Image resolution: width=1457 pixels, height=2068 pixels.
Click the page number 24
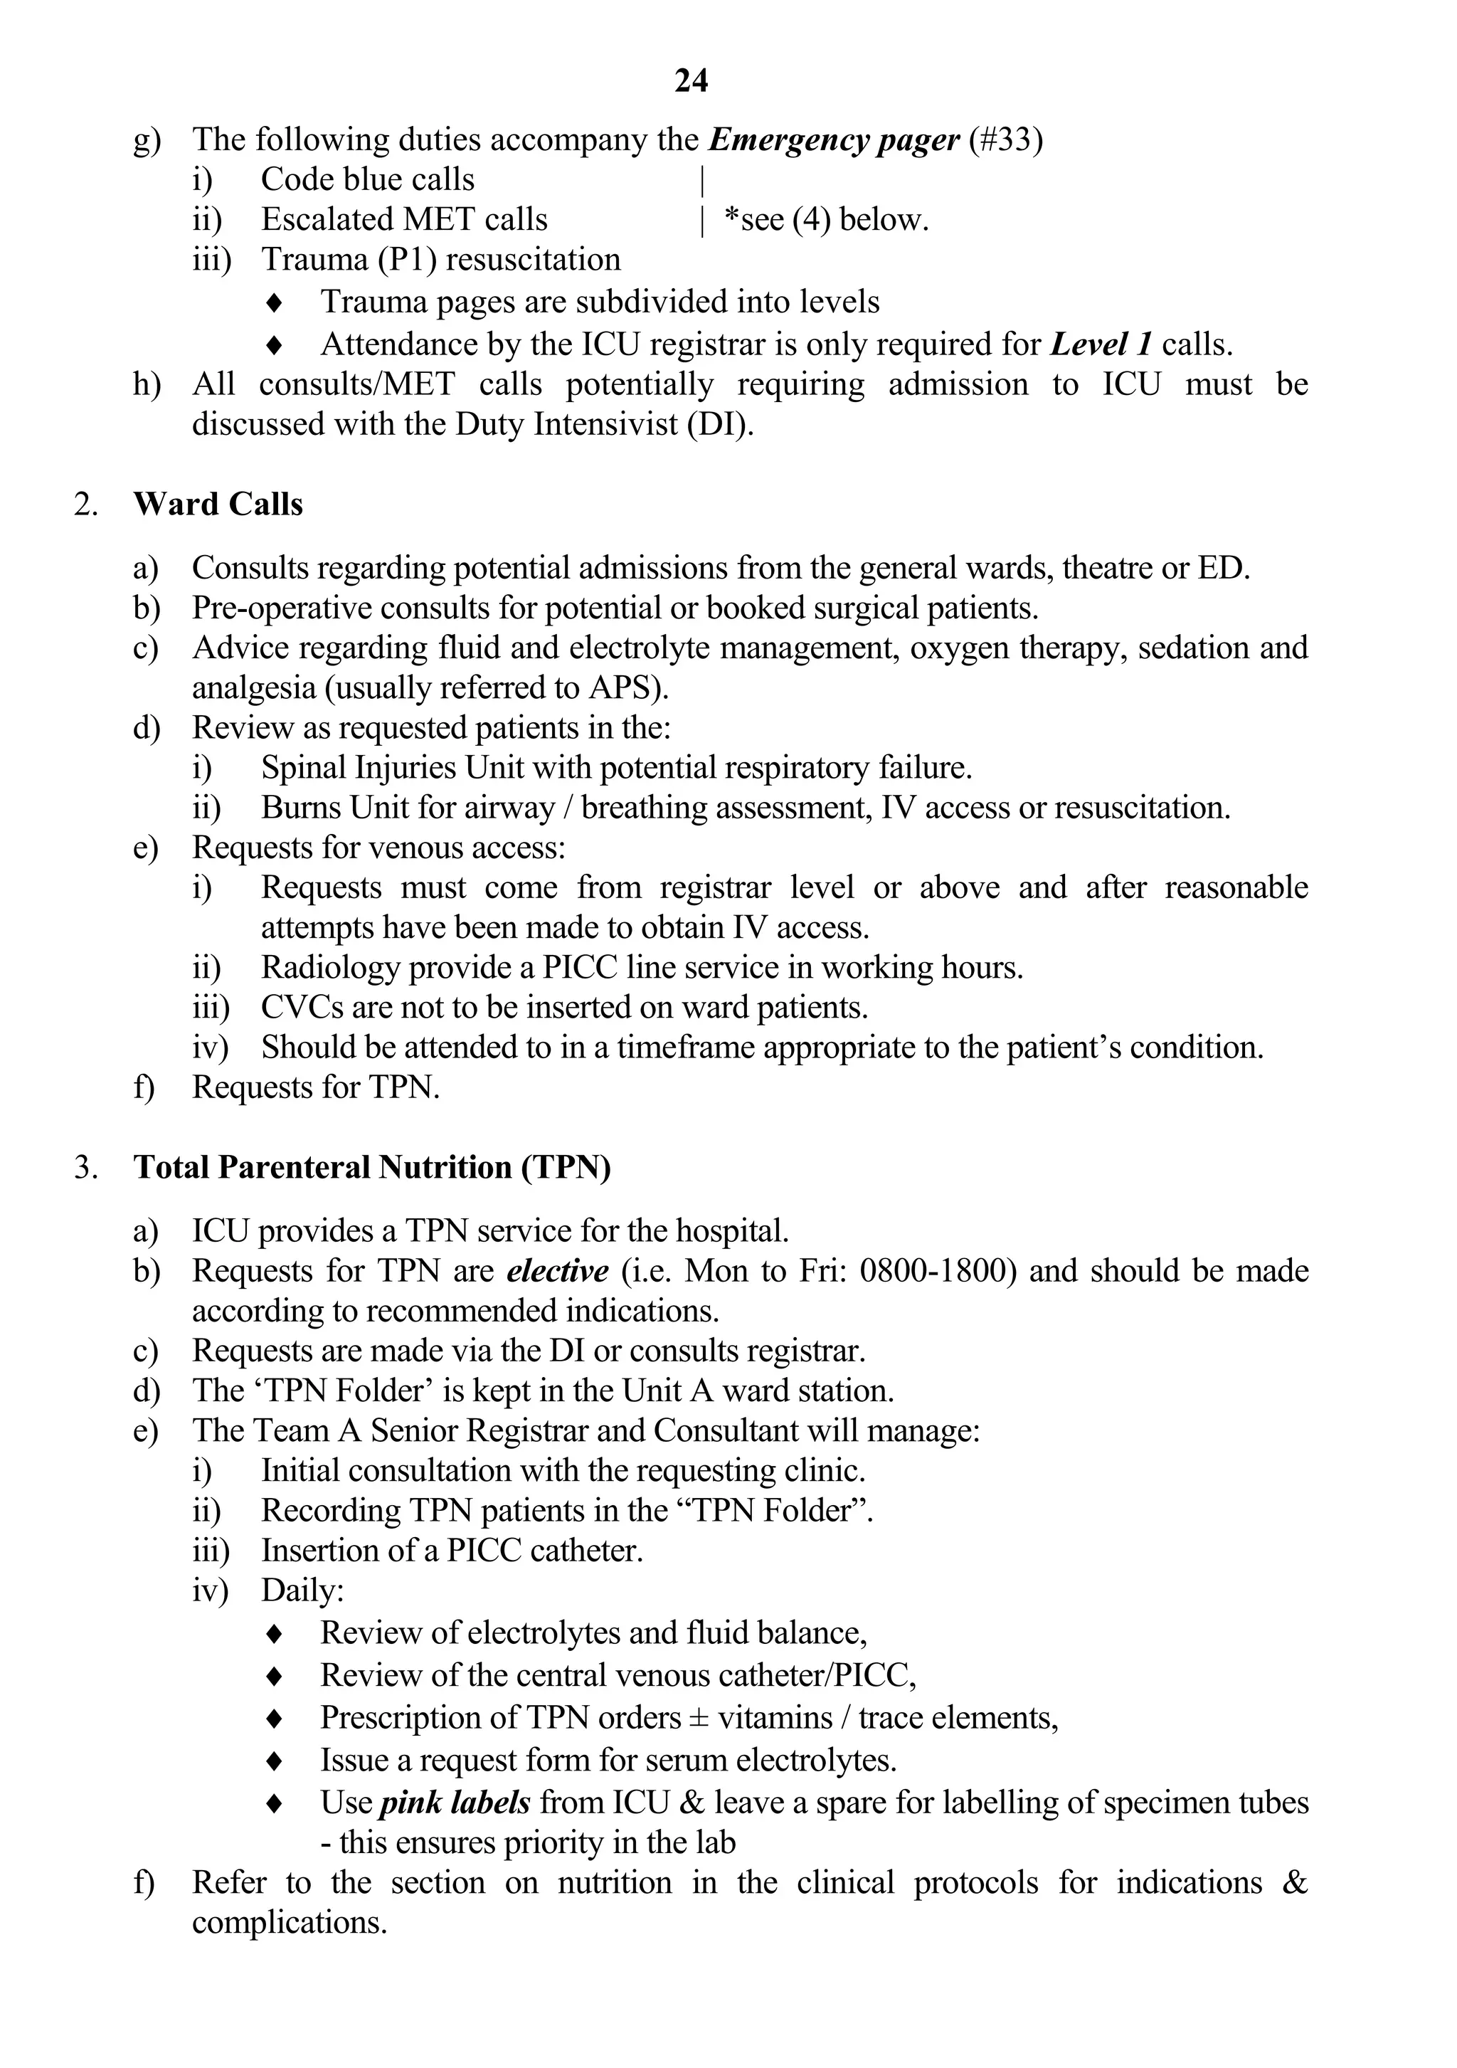pos(691,82)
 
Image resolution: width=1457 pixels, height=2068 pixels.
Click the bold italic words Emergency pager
pos(834,139)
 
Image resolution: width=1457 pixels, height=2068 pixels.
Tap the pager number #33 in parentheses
pos(1005,139)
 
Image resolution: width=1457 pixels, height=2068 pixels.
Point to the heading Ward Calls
pos(218,505)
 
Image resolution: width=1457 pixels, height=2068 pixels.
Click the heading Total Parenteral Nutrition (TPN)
pos(372,1167)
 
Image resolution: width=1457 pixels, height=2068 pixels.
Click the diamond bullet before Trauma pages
pos(275,302)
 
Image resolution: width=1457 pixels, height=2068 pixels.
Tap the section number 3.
pos(85,1167)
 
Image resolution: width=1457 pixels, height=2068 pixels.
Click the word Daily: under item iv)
pos(302,1590)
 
